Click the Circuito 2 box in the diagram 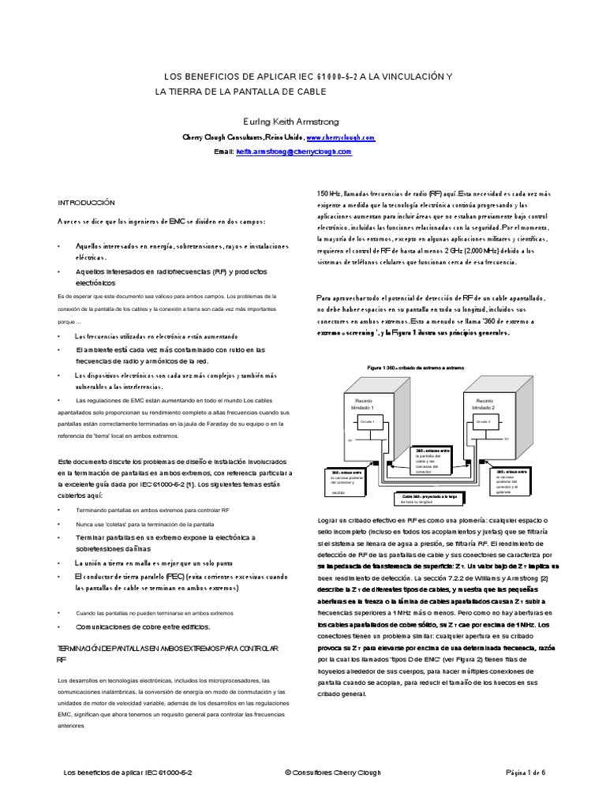[x=484, y=423]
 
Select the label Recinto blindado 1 [x=365, y=403]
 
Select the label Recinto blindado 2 [x=484, y=403]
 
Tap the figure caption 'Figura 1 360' [x=416, y=368]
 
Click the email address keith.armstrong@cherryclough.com [x=294, y=151]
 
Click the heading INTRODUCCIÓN [x=87, y=203]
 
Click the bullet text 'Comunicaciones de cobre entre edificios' [x=143, y=627]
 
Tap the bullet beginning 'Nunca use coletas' [x=129, y=523]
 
